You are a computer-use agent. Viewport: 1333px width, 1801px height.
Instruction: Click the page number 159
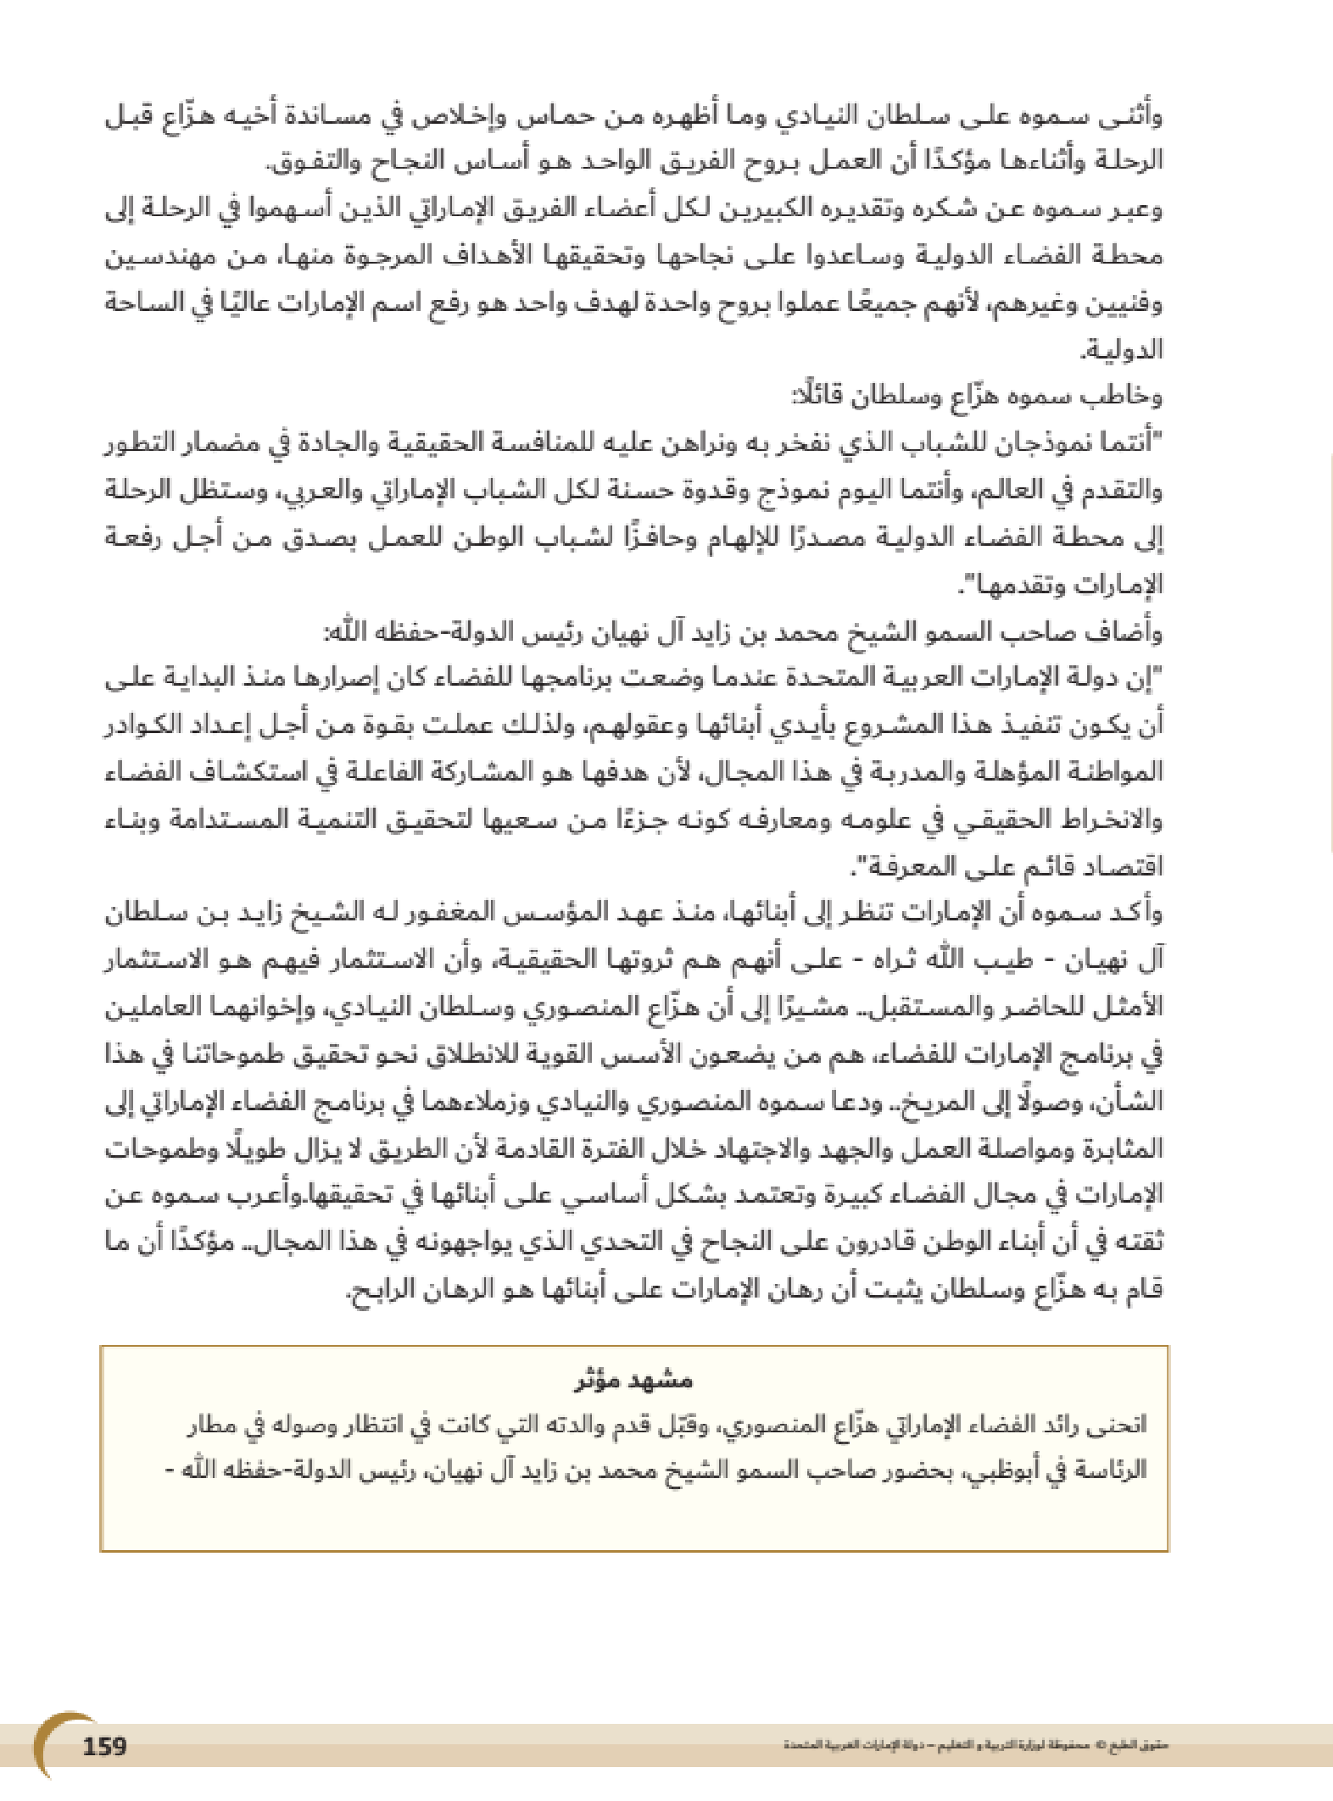point(104,1746)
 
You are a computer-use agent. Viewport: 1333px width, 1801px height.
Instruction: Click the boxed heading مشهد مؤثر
point(633,1381)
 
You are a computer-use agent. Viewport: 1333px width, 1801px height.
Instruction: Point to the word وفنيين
point(1128,303)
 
